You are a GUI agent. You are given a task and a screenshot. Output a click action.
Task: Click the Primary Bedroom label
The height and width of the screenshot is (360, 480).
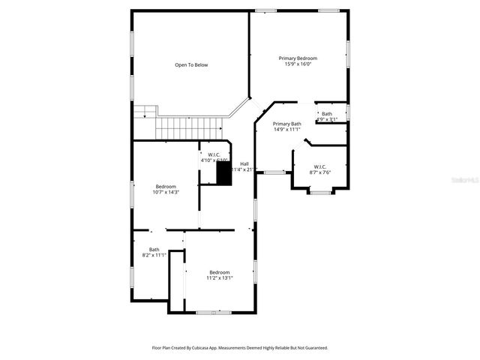coord(298,58)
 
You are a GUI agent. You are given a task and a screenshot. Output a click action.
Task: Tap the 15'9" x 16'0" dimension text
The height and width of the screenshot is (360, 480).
coord(298,64)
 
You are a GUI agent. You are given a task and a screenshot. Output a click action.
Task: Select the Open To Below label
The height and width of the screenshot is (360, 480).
coord(191,65)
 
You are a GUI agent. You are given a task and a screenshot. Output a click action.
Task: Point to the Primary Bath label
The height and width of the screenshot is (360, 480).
coord(286,124)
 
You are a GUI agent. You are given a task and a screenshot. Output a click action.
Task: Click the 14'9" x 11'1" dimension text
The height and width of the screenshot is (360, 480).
coord(286,130)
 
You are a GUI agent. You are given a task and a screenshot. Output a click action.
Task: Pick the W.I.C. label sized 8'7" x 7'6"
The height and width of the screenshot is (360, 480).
coord(319,166)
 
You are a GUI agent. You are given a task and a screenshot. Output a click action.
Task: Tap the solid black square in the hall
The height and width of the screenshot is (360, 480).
coord(223,173)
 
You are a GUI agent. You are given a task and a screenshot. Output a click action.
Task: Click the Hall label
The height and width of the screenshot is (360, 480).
coord(244,163)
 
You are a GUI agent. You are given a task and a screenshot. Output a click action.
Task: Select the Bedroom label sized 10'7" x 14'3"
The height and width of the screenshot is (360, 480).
coord(166,186)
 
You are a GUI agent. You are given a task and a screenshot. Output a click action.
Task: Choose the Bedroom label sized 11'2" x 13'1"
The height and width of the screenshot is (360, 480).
coord(220,272)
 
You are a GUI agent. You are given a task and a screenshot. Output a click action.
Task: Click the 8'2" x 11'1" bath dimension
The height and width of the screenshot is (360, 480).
coord(154,256)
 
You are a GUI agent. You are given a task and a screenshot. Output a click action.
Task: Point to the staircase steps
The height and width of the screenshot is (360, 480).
coord(184,127)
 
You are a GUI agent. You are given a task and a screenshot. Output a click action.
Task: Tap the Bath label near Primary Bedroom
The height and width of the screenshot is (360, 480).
coord(327,114)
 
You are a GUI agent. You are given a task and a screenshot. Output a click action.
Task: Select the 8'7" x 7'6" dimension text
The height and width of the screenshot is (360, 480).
coord(319,172)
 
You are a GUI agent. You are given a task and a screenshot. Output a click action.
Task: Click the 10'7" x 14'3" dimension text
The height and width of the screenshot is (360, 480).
coord(166,192)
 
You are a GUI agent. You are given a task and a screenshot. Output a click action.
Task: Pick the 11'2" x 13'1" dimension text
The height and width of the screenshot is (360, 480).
coord(220,278)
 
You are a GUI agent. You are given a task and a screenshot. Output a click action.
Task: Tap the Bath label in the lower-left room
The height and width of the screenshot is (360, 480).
coord(154,250)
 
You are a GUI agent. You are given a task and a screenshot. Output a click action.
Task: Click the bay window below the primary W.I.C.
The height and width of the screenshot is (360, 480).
coord(320,193)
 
